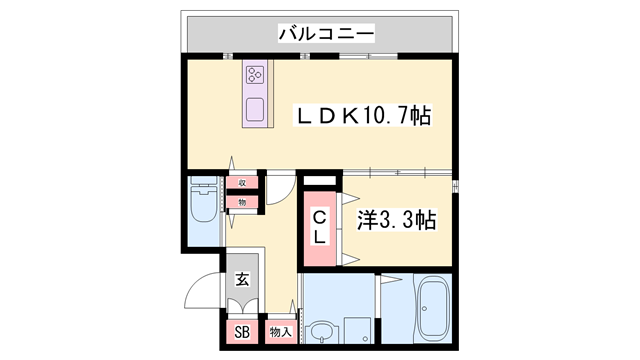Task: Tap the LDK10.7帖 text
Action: (x=362, y=115)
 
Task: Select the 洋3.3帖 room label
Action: (x=397, y=219)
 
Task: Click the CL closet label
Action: (x=320, y=227)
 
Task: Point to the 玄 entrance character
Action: (x=243, y=280)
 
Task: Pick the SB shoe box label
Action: (x=242, y=332)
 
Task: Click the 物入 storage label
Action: (x=280, y=332)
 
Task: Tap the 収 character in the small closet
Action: (x=241, y=183)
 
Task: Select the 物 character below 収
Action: (x=241, y=202)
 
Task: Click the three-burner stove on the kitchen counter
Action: (x=255, y=74)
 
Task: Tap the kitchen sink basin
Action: (x=255, y=109)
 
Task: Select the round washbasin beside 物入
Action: (x=320, y=329)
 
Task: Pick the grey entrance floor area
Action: (x=244, y=296)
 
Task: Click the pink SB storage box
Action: (x=242, y=332)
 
